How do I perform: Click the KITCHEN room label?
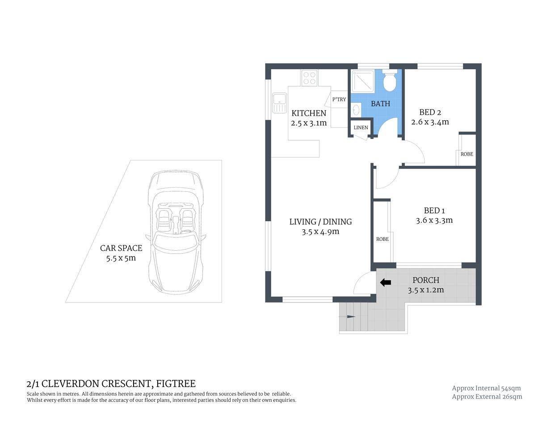[x=309, y=113]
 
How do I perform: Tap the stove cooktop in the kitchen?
[x=310, y=78]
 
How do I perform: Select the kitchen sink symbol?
[x=280, y=103]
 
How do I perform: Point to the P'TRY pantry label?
[x=339, y=99]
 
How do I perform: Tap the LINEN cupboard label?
[x=361, y=127]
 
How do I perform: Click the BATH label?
[x=380, y=104]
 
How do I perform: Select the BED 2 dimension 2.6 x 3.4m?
[x=430, y=122]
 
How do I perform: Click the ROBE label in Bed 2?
[x=467, y=154]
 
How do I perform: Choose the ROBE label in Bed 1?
[x=382, y=239]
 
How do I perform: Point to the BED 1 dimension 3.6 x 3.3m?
[x=434, y=220]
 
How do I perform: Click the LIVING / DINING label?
[x=320, y=222]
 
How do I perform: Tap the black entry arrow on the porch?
[x=385, y=282]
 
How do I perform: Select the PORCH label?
[x=425, y=280]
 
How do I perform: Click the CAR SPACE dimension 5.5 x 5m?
[x=121, y=258]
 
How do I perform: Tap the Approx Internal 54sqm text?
[x=486, y=388]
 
